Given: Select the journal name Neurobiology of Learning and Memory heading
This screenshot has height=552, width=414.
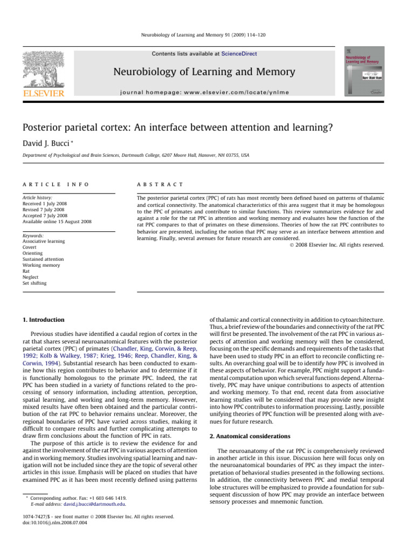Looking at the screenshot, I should point(204,72).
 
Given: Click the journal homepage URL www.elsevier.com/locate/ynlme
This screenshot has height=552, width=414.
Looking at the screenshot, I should point(204,92).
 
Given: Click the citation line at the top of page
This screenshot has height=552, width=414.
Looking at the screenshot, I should point(207,34).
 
